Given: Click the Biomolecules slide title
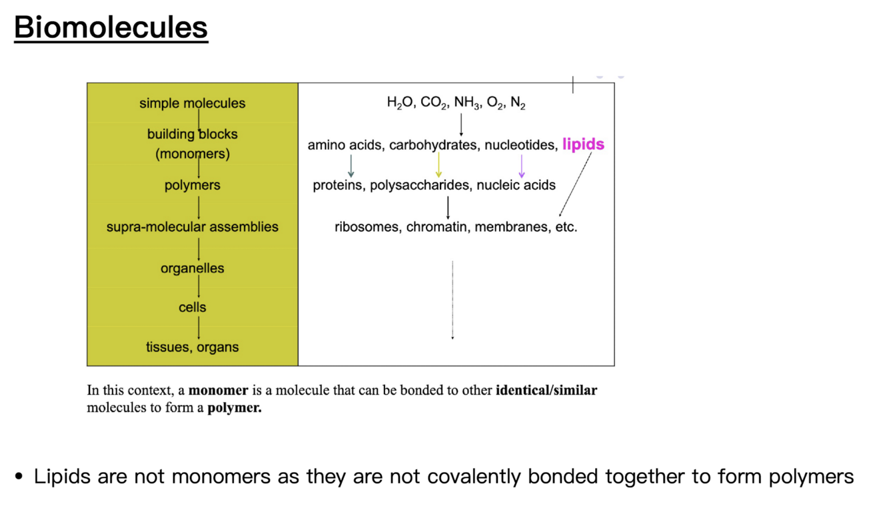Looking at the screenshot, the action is (111, 28).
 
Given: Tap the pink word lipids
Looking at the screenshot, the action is (583, 144).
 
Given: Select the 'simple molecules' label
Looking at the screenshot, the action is (192, 103).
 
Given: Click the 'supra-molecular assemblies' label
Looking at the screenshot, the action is (192, 227).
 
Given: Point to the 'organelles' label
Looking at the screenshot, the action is (192, 268).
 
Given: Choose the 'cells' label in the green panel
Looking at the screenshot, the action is (192, 308).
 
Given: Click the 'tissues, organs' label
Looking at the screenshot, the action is (192, 347).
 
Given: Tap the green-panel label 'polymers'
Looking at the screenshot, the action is (192, 185).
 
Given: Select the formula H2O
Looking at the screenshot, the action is (400, 103).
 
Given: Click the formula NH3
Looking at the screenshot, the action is (467, 103).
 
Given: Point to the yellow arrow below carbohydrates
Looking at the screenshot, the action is (439, 165).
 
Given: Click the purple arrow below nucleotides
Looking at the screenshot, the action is (521, 165).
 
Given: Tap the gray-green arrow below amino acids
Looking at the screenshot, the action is (351, 165).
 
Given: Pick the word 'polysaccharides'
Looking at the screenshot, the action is (420, 185).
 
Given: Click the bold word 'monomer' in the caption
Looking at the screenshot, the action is (218, 390).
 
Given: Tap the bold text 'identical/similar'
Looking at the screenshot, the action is (546, 390).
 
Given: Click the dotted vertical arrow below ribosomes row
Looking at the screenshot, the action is (452, 300).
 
